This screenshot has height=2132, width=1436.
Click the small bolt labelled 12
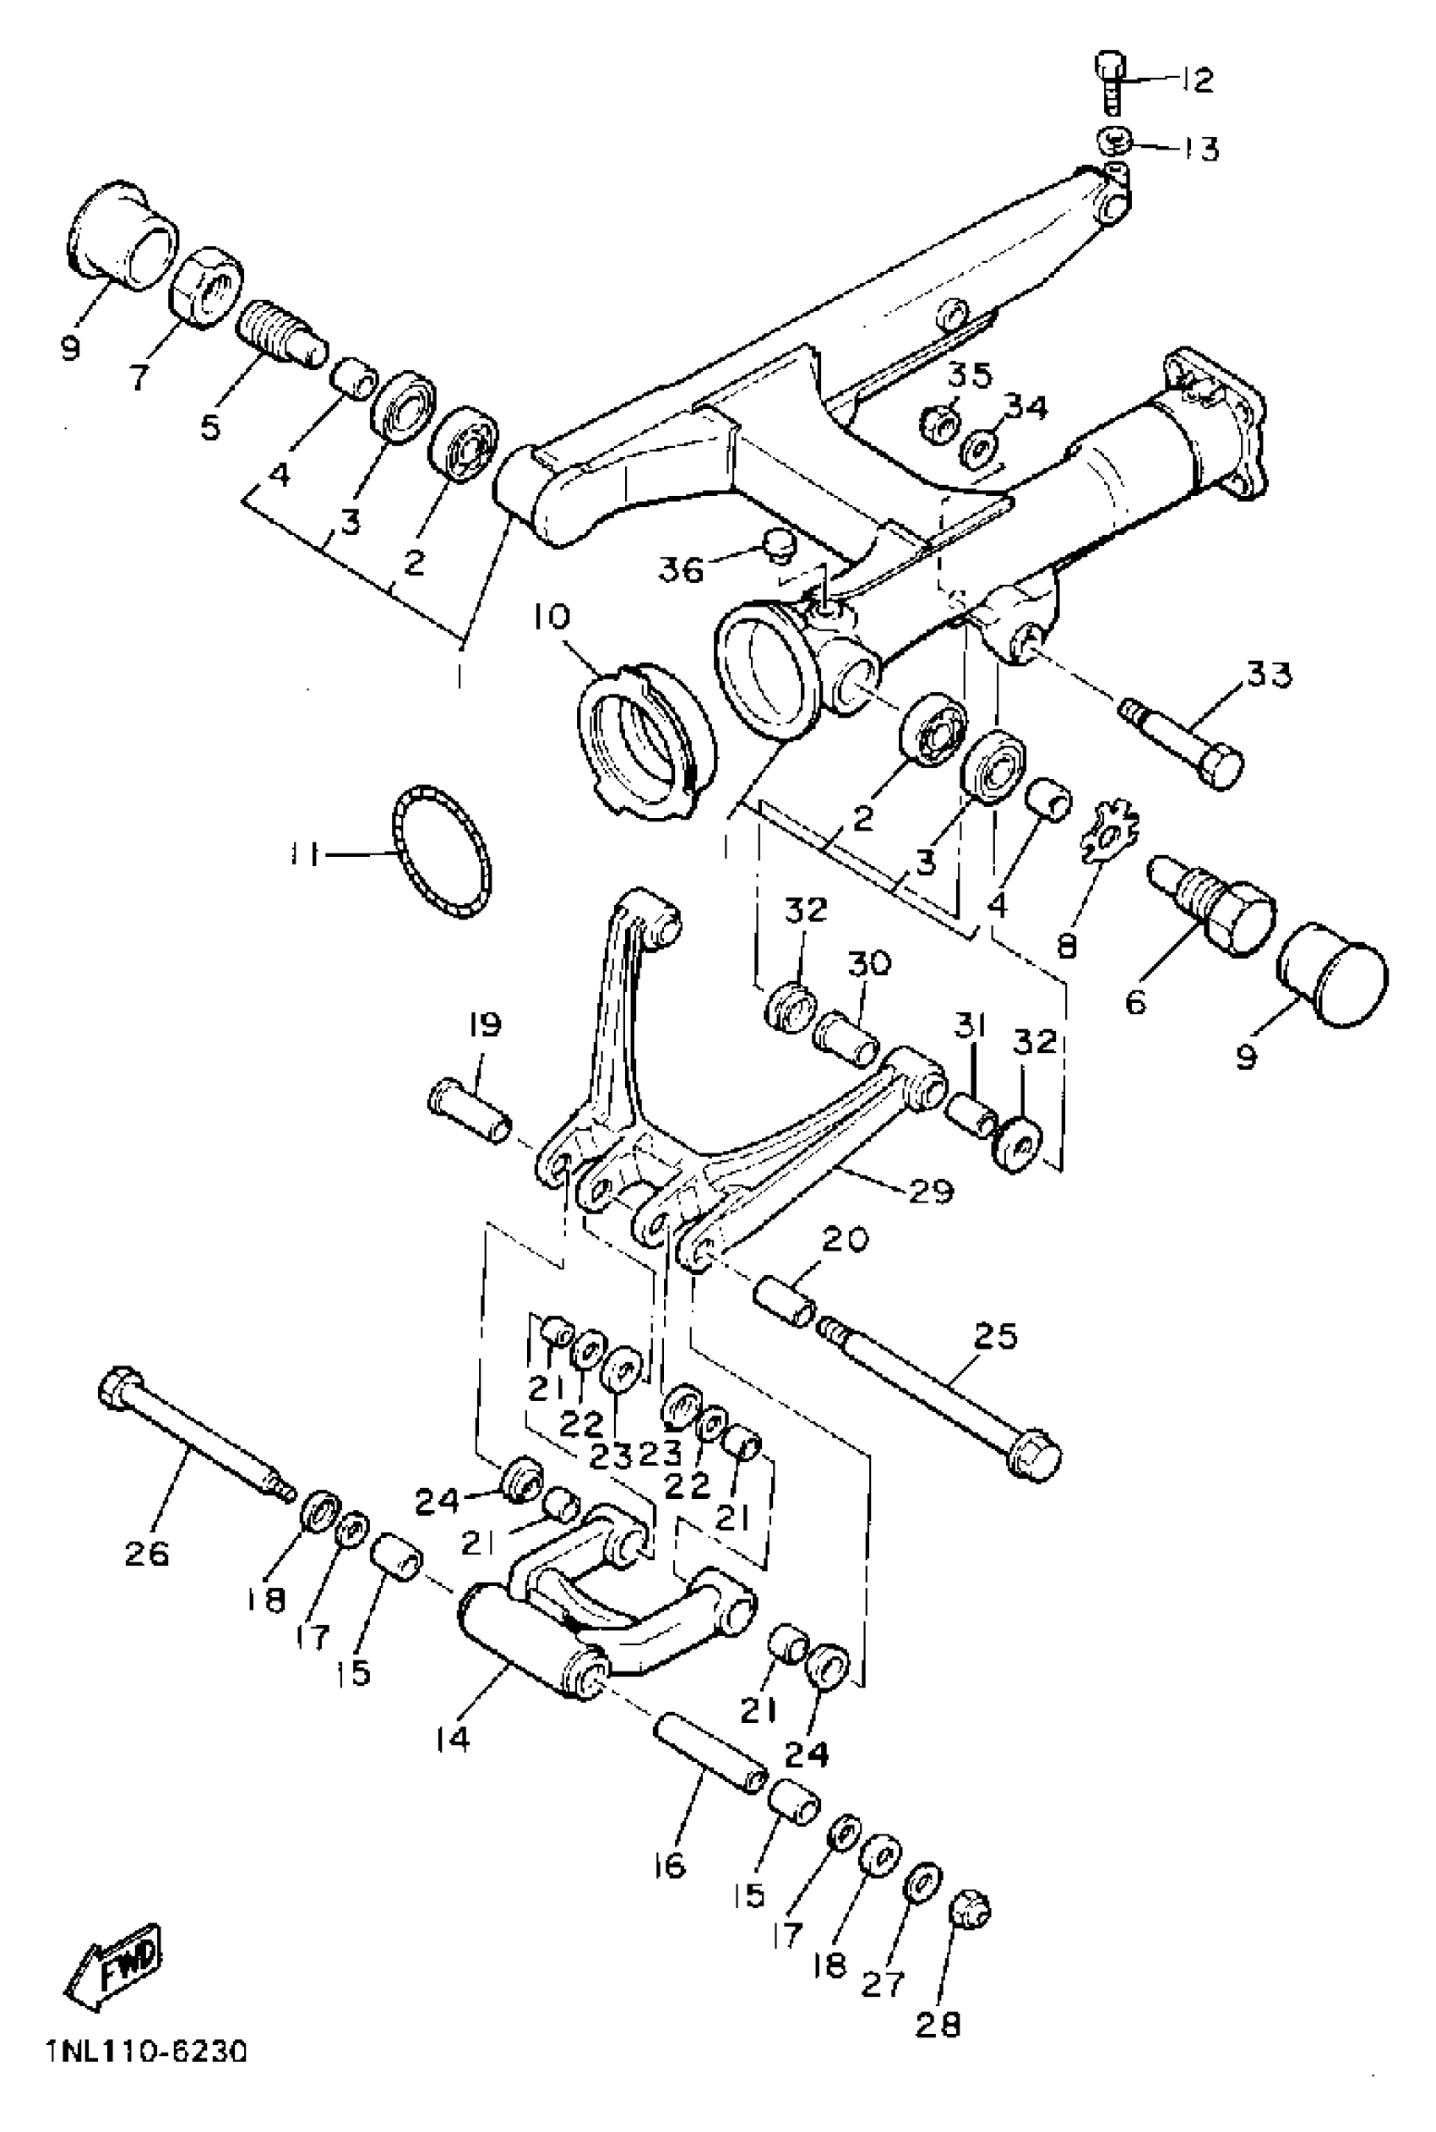click(1110, 83)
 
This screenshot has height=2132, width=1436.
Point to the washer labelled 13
click(1113, 141)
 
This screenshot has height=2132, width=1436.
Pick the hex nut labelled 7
click(208, 285)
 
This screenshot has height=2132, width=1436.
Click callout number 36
click(682, 570)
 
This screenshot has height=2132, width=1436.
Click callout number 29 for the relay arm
click(932, 1190)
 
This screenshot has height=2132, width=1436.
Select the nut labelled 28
click(971, 1910)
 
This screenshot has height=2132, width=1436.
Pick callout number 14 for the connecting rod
click(453, 1738)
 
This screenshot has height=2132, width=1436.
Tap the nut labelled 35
click(938, 423)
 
